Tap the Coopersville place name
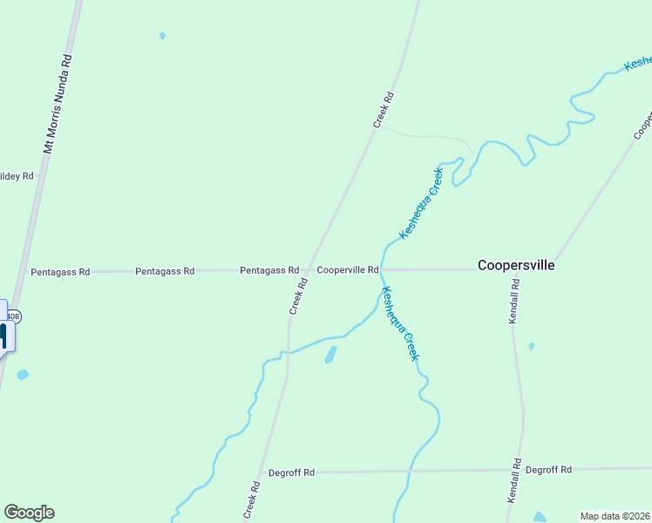tap(516, 265)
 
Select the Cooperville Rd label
tap(347, 270)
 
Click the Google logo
tap(29, 513)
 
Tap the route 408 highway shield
tap(15, 315)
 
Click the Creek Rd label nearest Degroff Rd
tap(254, 497)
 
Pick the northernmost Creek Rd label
tap(384, 110)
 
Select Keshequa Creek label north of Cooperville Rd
tap(421, 203)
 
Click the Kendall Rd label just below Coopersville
tap(515, 301)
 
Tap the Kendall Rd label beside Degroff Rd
tap(513, 480)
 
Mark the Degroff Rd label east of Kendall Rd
tap(548, 469)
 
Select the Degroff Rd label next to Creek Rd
tap(291, 472)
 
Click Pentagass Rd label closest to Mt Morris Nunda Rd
tap(60, 272)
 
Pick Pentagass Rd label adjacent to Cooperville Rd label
tap(269, 271)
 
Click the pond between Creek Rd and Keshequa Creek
tap(330, 355)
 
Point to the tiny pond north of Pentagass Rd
tap(162, 36)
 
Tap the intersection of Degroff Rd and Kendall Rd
tap(523, 470)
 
